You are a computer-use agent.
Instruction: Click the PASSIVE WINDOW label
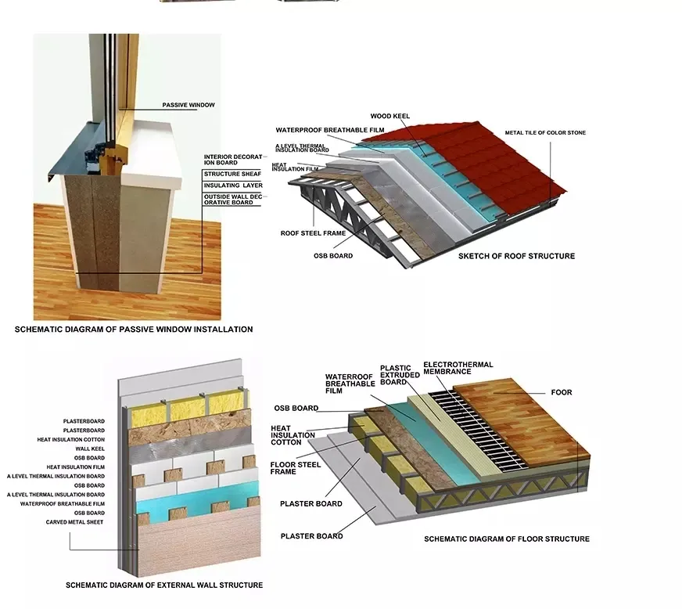(x=188, y=105)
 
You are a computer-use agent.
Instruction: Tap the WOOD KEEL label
(x=390, y=116)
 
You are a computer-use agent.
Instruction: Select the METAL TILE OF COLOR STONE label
(x=545, y=132)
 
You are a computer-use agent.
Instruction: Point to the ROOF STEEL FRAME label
(x=313, y=233)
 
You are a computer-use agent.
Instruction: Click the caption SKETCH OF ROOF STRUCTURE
(x=516, y=256)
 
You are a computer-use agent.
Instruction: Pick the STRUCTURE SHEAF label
(x=233, y=174)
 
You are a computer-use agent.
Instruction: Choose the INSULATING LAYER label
(x=233, y=185)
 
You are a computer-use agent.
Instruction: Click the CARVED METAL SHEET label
(x=75, y=522)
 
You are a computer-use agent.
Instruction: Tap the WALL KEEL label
(x=90, y=449)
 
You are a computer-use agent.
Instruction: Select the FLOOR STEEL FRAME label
(x=296, y=468)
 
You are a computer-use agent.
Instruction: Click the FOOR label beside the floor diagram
(x=562, y=392)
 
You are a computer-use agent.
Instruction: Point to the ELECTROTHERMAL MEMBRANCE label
(x=458, y=368)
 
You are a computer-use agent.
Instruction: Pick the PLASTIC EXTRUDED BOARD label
(x=400, y=375)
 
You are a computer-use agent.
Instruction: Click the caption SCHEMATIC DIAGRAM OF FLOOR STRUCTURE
(x=507, y=539)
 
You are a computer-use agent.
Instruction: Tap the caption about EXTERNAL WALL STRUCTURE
(x=164, y=585)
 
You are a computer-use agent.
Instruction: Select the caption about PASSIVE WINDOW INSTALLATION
(x=134, y=329)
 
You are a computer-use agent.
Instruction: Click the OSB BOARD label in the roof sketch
(x=333, y=255)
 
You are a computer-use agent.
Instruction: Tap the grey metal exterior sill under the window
(x=75, y=153)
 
